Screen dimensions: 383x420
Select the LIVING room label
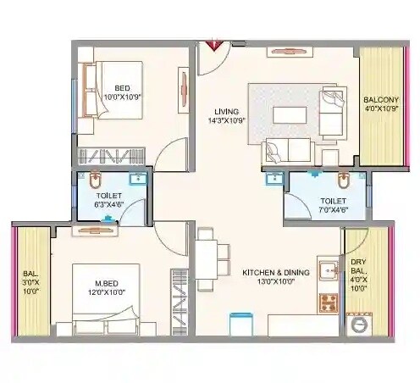(x=226, y=111)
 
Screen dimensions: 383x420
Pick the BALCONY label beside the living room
(x=381, y=99)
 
